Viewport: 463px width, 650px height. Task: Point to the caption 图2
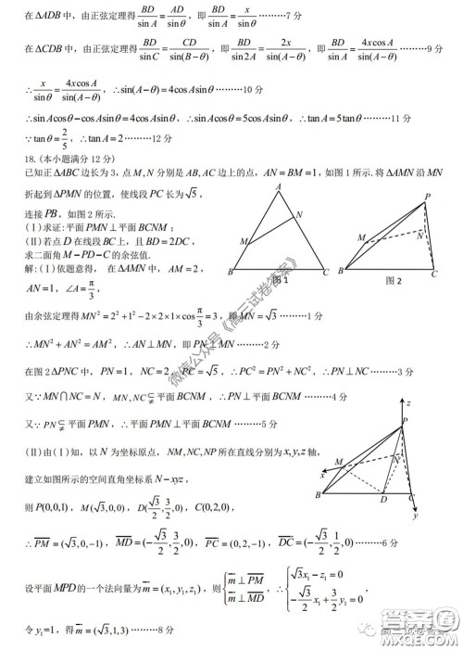coord(393,279)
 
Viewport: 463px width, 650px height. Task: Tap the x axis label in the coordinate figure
coord(323,474)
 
